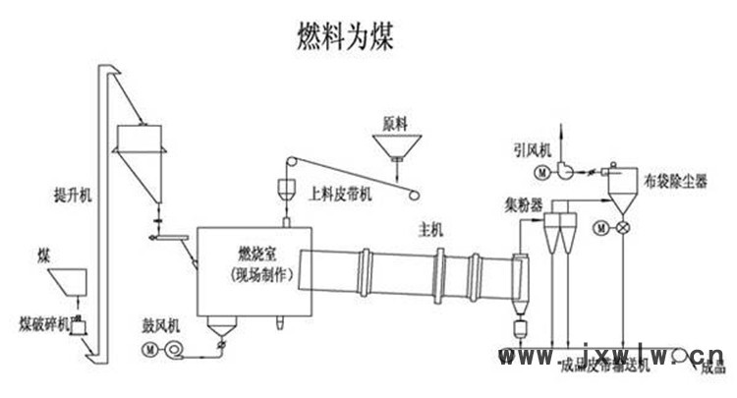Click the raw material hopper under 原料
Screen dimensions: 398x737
[x=396, y=147]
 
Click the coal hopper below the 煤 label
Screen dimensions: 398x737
[x=64, y=280]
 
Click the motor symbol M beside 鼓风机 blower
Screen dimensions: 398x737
[x=149, y=348]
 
